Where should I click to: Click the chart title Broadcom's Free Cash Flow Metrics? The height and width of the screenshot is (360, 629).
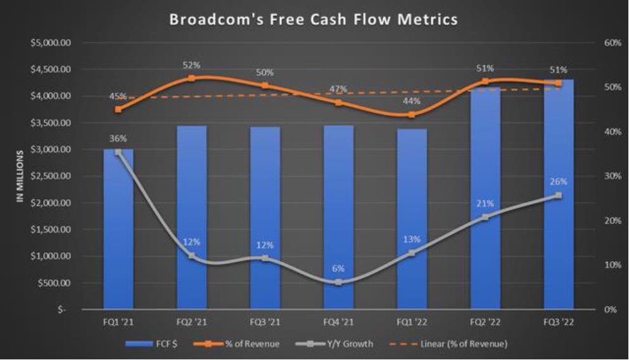point(313,20)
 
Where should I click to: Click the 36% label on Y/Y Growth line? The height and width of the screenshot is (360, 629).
point(118,138)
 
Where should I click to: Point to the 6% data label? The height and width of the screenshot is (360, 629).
point(338,269)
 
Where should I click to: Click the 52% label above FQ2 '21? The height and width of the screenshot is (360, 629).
point(192,65)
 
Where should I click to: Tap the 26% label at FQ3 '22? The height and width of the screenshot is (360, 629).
point(559,182)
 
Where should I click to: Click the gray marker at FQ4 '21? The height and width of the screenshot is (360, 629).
point(338,282)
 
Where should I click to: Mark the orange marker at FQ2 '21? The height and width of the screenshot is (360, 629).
point(192,79)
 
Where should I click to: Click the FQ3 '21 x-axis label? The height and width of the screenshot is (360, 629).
point(265,322)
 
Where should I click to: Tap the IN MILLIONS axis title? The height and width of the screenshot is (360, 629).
point(20,176)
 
